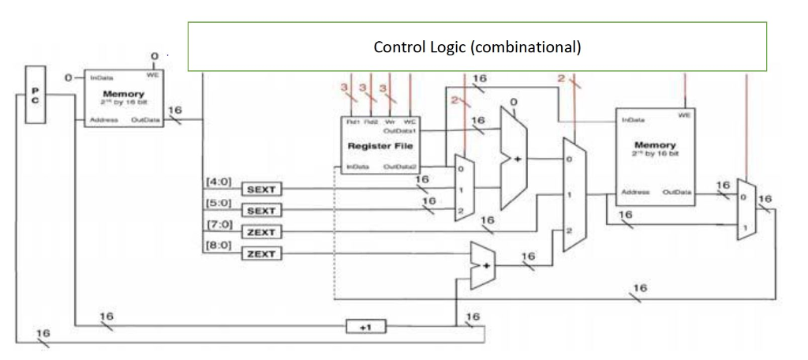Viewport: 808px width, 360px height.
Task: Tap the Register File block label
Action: click(x=376, y=147)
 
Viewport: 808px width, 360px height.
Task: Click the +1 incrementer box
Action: click(x=365, y=326)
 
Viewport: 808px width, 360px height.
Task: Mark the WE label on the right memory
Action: click(x=684, y=115)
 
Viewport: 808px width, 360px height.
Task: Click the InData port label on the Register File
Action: click(x=353, y=167)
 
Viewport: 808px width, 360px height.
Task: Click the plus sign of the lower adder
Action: click(x=486, y=265)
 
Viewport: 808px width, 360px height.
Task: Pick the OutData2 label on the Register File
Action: click(x=400, y=167)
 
